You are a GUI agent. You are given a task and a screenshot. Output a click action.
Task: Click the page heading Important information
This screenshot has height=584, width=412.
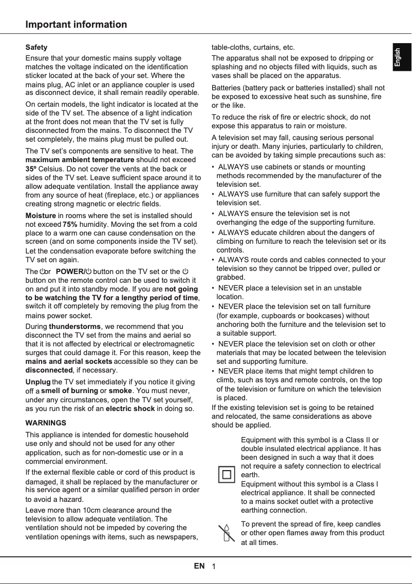76,25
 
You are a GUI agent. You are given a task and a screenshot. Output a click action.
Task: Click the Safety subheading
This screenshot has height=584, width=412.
36,47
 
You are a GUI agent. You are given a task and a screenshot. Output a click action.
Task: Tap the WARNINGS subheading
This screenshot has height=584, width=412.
46,423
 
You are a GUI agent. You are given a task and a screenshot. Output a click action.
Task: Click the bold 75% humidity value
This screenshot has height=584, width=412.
70,224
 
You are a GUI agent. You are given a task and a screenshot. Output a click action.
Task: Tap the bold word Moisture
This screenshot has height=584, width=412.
41,216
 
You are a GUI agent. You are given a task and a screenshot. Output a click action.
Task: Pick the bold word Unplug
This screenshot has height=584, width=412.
38,382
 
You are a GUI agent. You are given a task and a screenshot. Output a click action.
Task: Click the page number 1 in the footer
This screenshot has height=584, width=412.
213,567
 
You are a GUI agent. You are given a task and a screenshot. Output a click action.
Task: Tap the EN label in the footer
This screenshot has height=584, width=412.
199,566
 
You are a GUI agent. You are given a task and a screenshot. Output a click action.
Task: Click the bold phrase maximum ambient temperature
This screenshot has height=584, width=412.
80,160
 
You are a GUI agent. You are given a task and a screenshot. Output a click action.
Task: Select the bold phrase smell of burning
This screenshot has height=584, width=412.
70,391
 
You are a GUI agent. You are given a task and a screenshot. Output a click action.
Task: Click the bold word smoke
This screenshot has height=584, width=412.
121,391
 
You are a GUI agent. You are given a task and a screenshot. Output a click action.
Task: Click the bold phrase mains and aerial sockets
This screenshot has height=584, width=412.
69,361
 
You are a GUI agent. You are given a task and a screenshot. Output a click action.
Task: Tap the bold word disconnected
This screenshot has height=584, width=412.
49,370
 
